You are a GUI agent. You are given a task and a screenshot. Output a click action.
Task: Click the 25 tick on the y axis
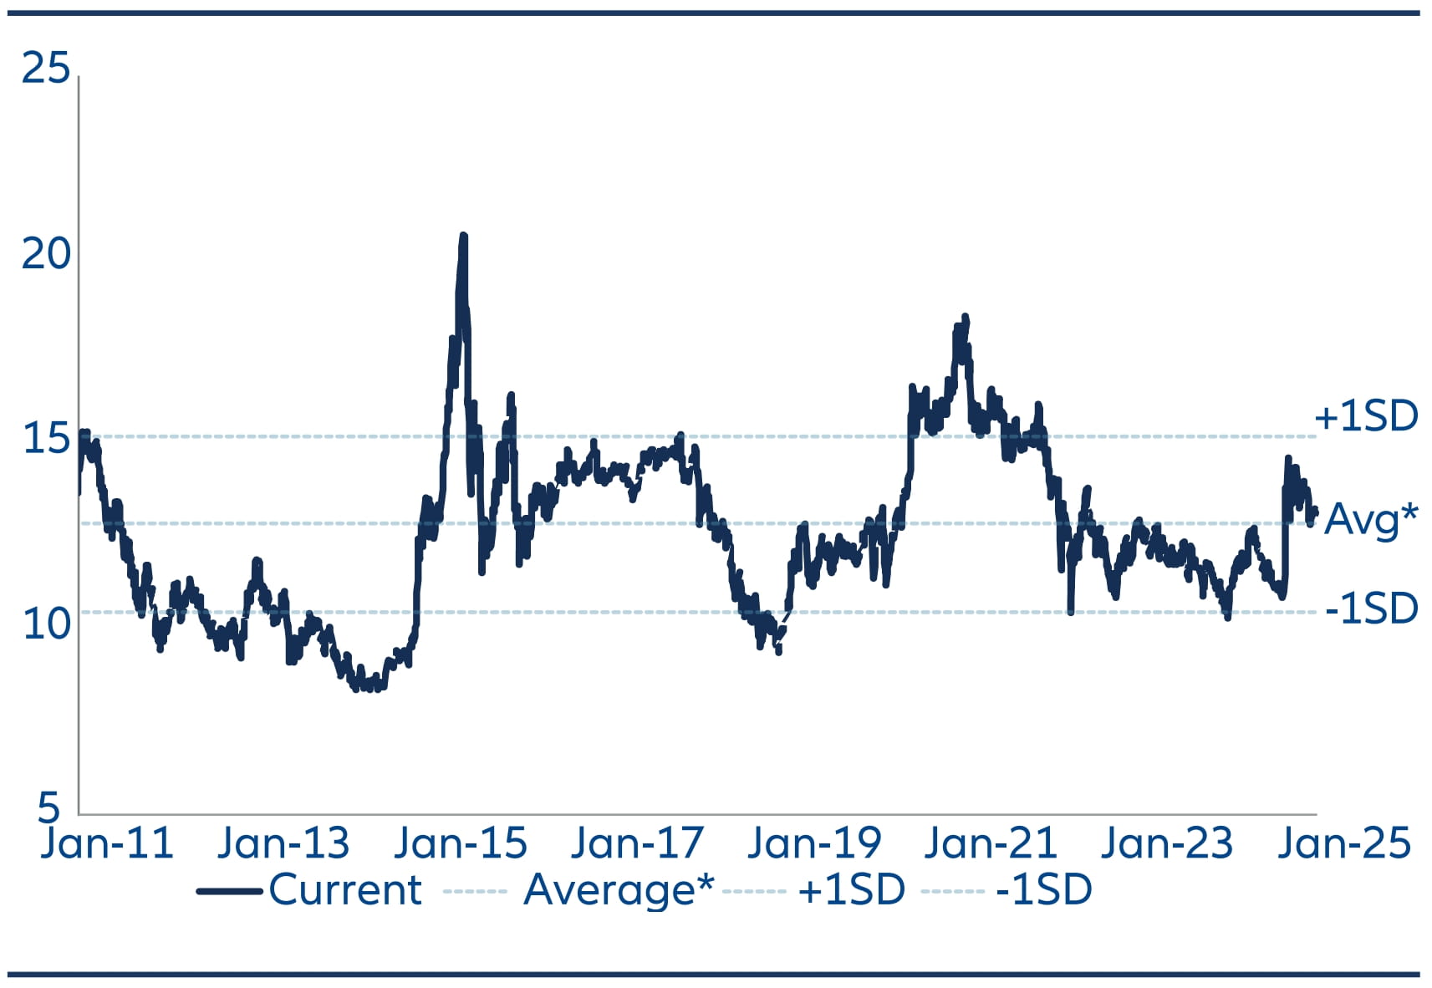[46, 68]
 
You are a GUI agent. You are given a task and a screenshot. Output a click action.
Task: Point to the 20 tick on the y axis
[46, 253]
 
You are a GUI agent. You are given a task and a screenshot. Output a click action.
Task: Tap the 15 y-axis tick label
[46, 439]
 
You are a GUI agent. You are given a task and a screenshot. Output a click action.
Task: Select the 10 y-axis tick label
[46, 624]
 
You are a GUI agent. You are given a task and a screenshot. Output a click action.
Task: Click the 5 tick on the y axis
[49, 807]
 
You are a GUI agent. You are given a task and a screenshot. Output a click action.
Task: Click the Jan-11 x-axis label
[107, 843]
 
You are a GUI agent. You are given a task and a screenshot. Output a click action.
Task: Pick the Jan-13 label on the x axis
[283, 843]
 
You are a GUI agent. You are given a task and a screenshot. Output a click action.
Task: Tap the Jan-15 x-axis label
[461, 843]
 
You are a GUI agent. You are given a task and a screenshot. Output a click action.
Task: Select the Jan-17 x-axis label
[637, 843]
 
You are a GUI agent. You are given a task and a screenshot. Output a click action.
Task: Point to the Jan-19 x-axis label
[814, 843]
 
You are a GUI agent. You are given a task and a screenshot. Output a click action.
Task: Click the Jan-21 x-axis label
[991, 843]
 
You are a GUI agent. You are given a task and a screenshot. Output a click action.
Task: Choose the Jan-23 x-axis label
[1167, 843]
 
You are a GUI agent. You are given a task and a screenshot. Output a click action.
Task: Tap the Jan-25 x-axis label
[1344, 843]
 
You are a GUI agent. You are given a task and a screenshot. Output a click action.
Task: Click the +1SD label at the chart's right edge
[1366, 416]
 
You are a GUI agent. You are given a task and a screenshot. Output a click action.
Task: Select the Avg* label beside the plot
[1371, 520]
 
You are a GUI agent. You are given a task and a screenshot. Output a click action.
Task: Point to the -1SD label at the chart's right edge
[1372, 609]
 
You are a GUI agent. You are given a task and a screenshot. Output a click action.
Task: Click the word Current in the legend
[345, 890]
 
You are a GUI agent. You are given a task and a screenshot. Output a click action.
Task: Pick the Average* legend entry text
[619, 890]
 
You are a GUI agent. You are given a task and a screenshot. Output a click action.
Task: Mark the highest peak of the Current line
[463, 237]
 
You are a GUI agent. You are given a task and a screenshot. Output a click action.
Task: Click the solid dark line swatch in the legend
[230, 891]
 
